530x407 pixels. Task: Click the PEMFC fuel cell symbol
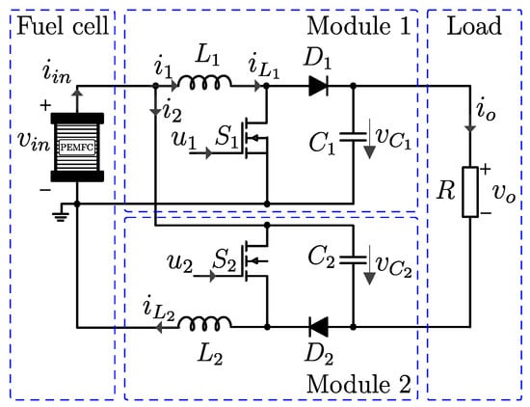coord(77,148)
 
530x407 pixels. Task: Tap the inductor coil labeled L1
coord(205,83)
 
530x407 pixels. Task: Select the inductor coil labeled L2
coord(205,323)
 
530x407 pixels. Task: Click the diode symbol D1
coord(318,86)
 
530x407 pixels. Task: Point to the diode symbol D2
coord(318,327)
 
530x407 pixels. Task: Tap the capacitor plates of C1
coord(354,137)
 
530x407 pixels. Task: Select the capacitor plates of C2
coord(354,259)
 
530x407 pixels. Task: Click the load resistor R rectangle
coord(470,192)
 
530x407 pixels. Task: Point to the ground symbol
coord(61,214)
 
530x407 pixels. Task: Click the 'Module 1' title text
coord(358,26)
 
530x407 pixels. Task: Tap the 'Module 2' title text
coord(358,384)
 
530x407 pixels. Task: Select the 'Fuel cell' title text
coord(64,26)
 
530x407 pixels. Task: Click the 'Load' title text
coord(474,26)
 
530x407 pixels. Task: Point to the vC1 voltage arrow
coord(370,139)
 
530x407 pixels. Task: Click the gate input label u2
coord(180,263)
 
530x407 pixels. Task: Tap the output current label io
coord(486,111)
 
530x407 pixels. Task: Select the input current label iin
coord(57,73)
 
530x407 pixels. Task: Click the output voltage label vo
coord(504,193)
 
